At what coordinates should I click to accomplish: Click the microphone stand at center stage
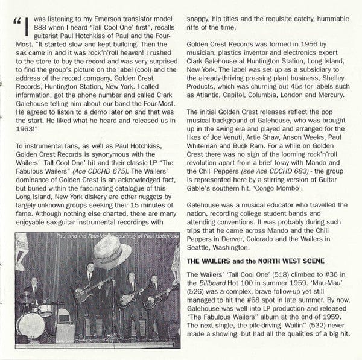click(114, 308)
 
